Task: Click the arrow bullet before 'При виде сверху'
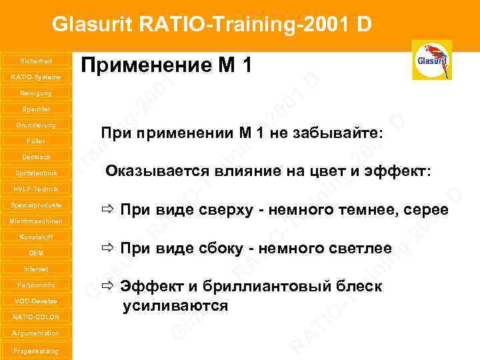(107, 211)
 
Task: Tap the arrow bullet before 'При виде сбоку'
(107, 249)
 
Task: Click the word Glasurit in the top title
(93, 25)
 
